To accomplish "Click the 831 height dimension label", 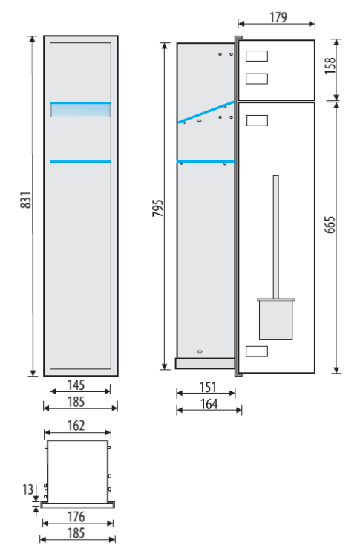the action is (26, 200).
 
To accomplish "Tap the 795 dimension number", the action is (157, 208).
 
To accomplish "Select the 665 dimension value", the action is (330, 224).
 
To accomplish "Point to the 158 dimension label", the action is (330, 65).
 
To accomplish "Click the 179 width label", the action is (278, 16).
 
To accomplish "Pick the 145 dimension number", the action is (76, 385).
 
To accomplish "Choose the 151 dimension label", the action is (208, 387).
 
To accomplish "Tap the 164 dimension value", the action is (209, 404).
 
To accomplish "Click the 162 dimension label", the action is (76, 426).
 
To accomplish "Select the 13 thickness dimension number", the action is (27, 489).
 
